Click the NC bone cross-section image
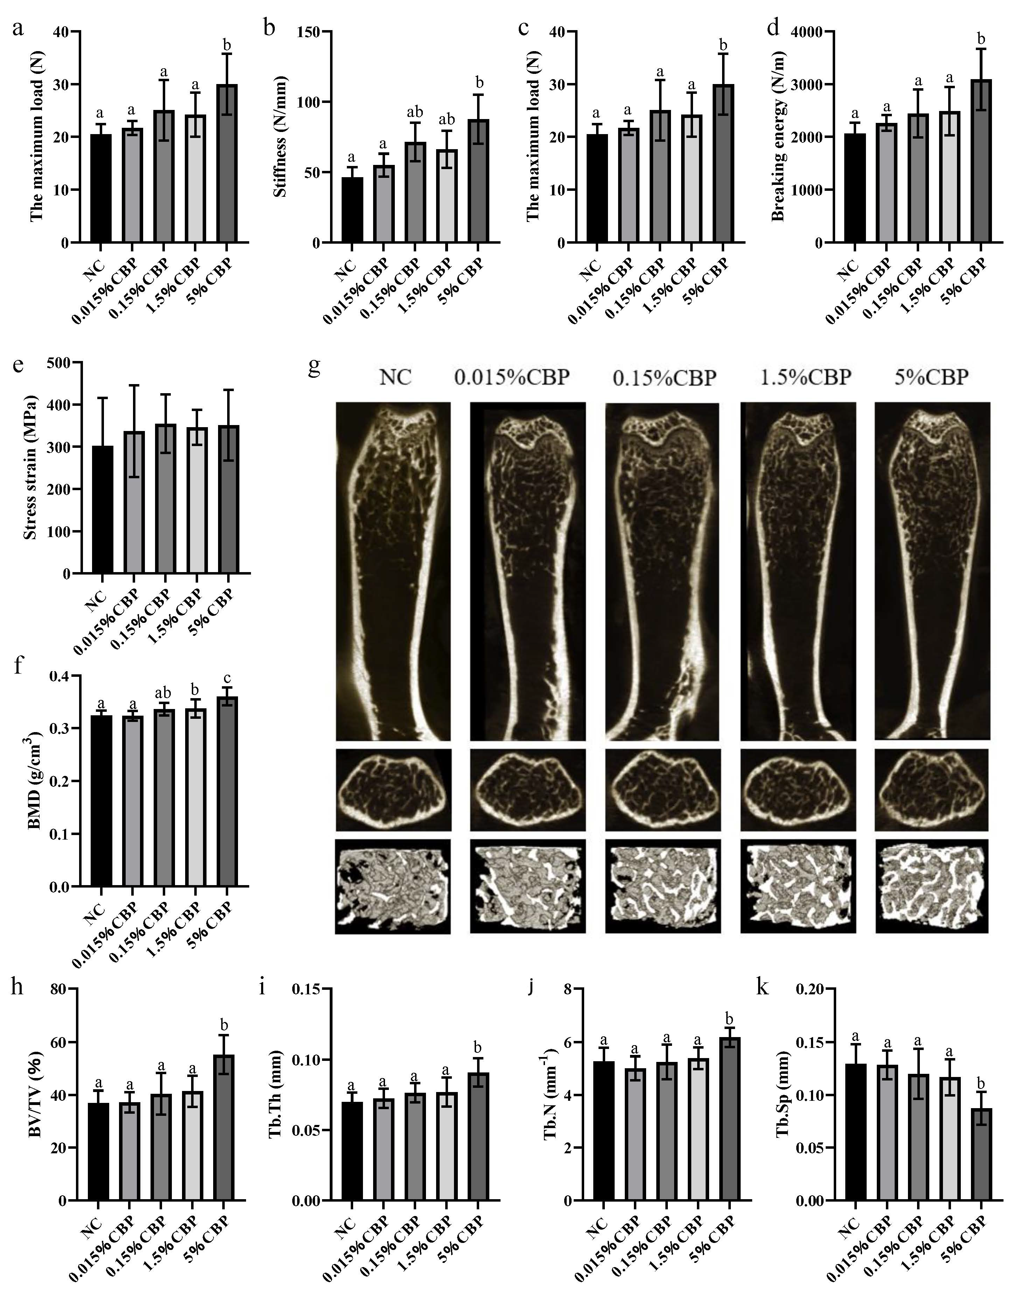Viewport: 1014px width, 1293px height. coord(394,789)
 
